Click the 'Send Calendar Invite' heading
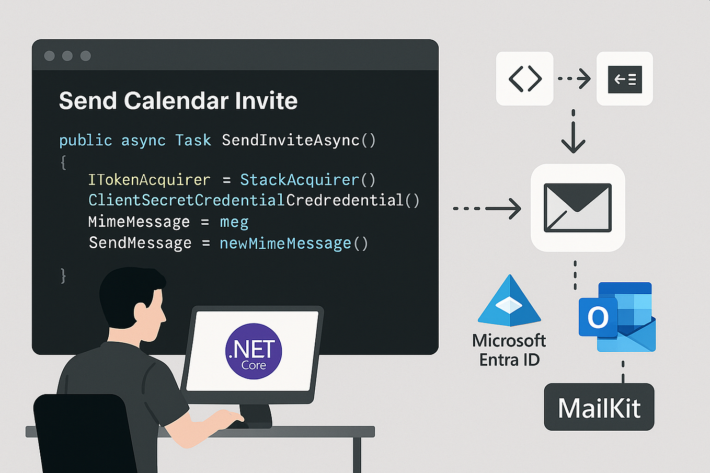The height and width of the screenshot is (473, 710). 178,101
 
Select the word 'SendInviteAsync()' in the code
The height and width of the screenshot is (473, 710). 299,141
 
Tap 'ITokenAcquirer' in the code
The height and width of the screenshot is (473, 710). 149,180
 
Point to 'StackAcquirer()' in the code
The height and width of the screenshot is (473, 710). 307,180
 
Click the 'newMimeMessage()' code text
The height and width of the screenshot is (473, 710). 294,244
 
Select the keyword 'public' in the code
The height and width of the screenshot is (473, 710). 85,141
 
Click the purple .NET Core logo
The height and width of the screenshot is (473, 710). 254,351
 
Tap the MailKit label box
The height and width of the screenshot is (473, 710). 599,407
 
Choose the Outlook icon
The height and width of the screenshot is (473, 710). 617,317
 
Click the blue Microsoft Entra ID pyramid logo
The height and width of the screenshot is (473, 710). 509,302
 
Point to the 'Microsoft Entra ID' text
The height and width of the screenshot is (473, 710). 509,350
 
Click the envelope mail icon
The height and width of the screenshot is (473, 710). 578,207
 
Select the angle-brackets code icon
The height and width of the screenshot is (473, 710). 524,79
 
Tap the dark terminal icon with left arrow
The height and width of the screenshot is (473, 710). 625,79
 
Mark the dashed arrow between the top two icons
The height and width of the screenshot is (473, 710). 574,79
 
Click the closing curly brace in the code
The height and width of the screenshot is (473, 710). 63,275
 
